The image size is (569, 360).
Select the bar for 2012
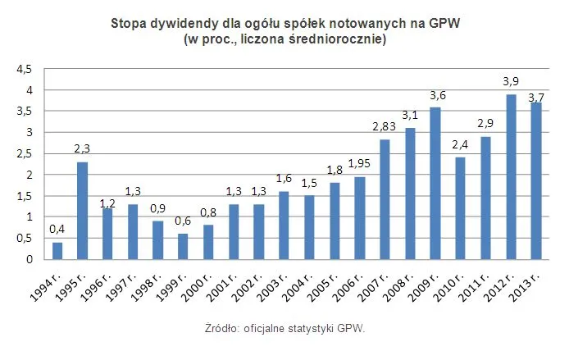[511, 177]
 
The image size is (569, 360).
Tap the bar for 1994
[57, 251]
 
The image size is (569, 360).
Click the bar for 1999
[183, 247]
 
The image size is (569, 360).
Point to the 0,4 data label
[57, 229]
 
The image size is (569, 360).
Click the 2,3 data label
[82, 148]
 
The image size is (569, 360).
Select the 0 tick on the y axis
[29, 259]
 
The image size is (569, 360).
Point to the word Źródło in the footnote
[223, 328]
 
